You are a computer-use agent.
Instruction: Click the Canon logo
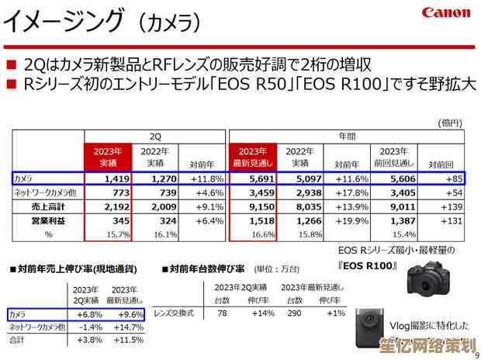point(446,13)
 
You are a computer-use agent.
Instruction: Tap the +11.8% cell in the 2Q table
point(206,178)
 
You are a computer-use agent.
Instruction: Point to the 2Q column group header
point(155,135)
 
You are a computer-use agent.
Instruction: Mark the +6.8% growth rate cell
point(91,314)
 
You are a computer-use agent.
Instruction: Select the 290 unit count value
point(295,313)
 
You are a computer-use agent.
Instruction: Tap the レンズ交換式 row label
point(174,313)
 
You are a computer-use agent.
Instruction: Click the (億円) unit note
point(450,123)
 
